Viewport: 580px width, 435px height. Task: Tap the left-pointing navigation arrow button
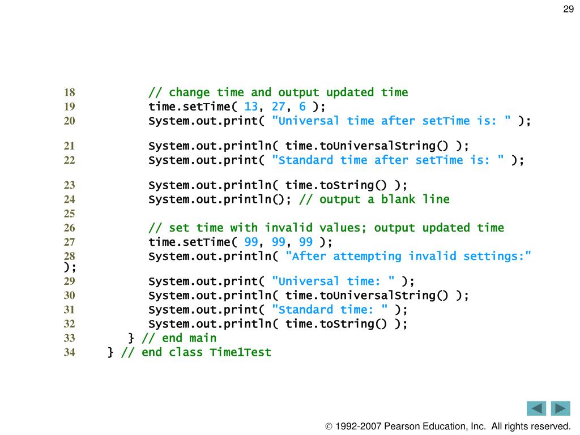536,408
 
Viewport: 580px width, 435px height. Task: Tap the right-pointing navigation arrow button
560,408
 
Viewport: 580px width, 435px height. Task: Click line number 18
69,92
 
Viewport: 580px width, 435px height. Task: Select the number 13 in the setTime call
251,106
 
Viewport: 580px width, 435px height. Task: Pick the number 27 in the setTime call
278,106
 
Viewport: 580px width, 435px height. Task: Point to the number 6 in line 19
302,106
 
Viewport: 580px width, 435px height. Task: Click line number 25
69,214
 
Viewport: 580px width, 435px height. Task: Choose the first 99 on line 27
251,242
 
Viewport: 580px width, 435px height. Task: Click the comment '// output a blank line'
374,199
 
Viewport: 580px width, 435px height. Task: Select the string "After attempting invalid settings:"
408,256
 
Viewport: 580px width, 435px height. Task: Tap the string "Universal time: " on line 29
334,281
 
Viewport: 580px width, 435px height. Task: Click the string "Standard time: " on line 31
330,309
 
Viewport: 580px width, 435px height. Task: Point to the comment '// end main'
179,338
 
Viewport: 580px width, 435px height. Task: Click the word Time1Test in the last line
241,352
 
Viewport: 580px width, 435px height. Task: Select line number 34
69,352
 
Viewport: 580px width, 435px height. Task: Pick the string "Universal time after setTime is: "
392,121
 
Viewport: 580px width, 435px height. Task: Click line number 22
69,160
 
